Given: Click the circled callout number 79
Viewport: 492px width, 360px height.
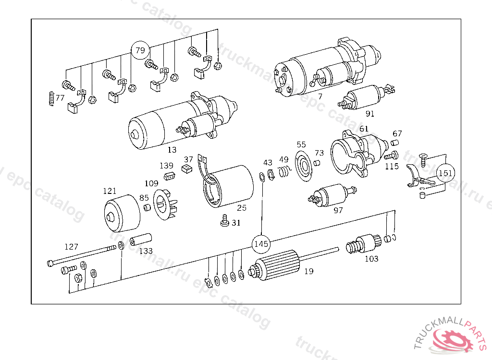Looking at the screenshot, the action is point(141,50).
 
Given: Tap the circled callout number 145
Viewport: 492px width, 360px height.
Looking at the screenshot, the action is point(261,243).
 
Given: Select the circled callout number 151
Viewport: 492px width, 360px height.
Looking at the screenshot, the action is point(446,173).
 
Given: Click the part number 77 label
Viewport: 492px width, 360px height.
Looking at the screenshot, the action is point(60,98).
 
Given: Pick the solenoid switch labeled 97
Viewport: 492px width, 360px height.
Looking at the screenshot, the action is point(332,196).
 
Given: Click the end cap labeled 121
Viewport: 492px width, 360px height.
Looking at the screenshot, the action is point(122,213).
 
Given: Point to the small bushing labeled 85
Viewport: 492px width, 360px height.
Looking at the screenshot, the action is point(147,207).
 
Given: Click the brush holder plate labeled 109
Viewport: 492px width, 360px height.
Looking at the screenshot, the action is point(165,204).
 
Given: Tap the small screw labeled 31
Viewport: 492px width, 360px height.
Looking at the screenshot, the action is point(225,220).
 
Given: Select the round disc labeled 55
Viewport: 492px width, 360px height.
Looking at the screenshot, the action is point(304,166).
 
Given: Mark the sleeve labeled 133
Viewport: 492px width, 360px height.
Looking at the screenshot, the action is point(141,240).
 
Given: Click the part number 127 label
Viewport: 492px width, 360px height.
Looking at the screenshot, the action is point(71,247).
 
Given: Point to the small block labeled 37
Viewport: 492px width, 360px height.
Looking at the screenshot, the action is point(187,168).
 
